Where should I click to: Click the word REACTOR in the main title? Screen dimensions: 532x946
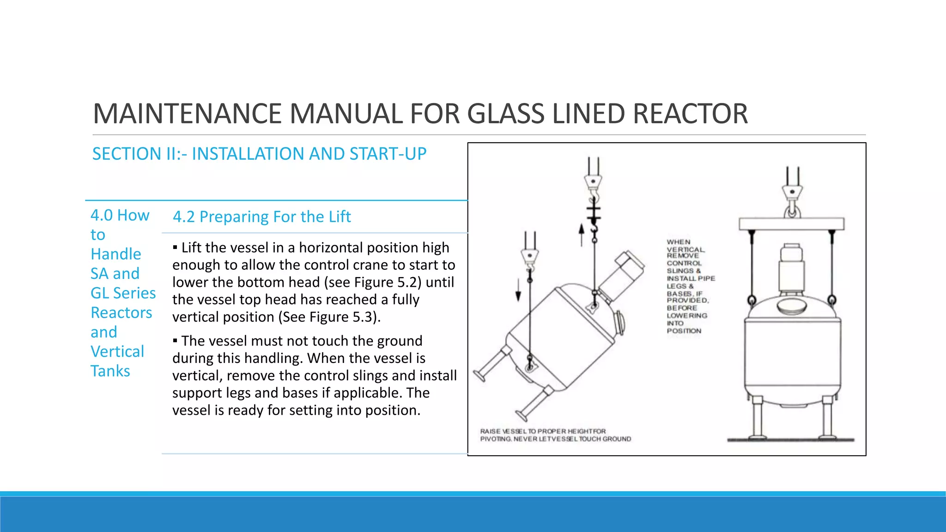pos(690,114)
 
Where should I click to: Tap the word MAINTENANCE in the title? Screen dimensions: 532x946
pos(187,114)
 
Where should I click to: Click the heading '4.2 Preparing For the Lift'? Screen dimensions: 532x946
pos(262,217)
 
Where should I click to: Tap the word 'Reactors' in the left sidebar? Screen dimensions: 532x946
pos(121,313)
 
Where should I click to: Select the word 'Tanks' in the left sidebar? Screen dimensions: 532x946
pos(110,371)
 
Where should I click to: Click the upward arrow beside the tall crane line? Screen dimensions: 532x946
pos(582,234)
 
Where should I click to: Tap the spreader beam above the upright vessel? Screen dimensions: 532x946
pos(791,224)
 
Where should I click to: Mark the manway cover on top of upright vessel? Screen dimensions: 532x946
pos(791,305)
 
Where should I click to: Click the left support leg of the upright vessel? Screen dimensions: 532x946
pos(757,418)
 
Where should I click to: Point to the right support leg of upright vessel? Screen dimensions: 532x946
pos(827,418)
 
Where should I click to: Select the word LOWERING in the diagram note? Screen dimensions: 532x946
pos(687,315)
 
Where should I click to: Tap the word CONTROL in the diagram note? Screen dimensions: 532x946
pos(684,263)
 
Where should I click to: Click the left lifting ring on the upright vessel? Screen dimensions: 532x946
pos(752,301)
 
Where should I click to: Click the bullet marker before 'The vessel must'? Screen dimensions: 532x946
pos(175,341)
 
